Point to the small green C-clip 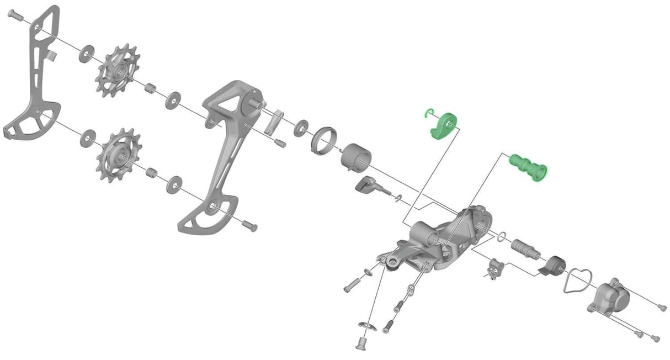(428, 114)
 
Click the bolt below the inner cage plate (249, 225)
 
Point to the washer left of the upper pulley (86, 54)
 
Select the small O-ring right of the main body (501, 236)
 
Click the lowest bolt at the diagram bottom (362, 342)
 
